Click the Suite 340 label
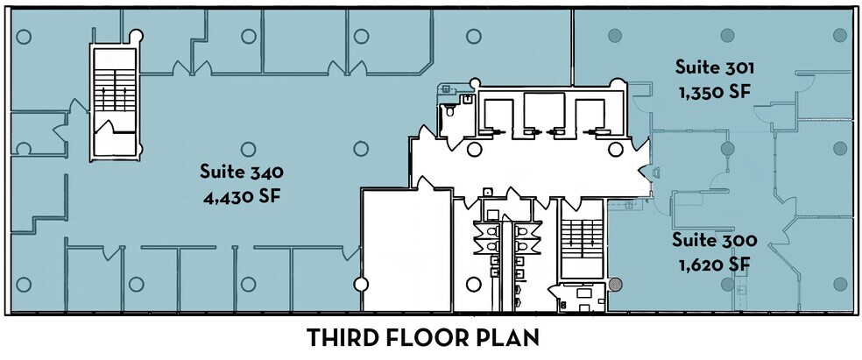pos(241,171)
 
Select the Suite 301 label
pos(714,67)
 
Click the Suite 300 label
pos(714,239)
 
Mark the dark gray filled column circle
pos(617,285)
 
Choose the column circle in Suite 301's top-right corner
pos(839,36)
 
